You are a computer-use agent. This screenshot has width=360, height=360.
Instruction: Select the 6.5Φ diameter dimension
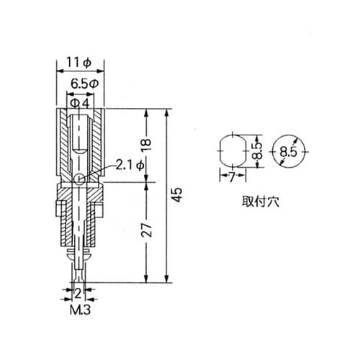[x=80, y=84]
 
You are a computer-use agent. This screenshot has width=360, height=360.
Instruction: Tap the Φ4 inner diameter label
[x=80, y=103]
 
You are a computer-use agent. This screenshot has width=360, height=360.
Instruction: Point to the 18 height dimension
[x=147, y=144]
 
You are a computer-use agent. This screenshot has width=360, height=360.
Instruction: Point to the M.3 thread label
[x=80, y=312]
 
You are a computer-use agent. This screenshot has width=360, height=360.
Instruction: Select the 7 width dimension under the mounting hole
[x=231, y=175]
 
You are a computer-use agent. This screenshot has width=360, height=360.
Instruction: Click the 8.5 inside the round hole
[x=289, y=152]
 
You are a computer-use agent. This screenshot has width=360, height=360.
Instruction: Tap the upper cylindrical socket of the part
[x=81, y=140]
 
